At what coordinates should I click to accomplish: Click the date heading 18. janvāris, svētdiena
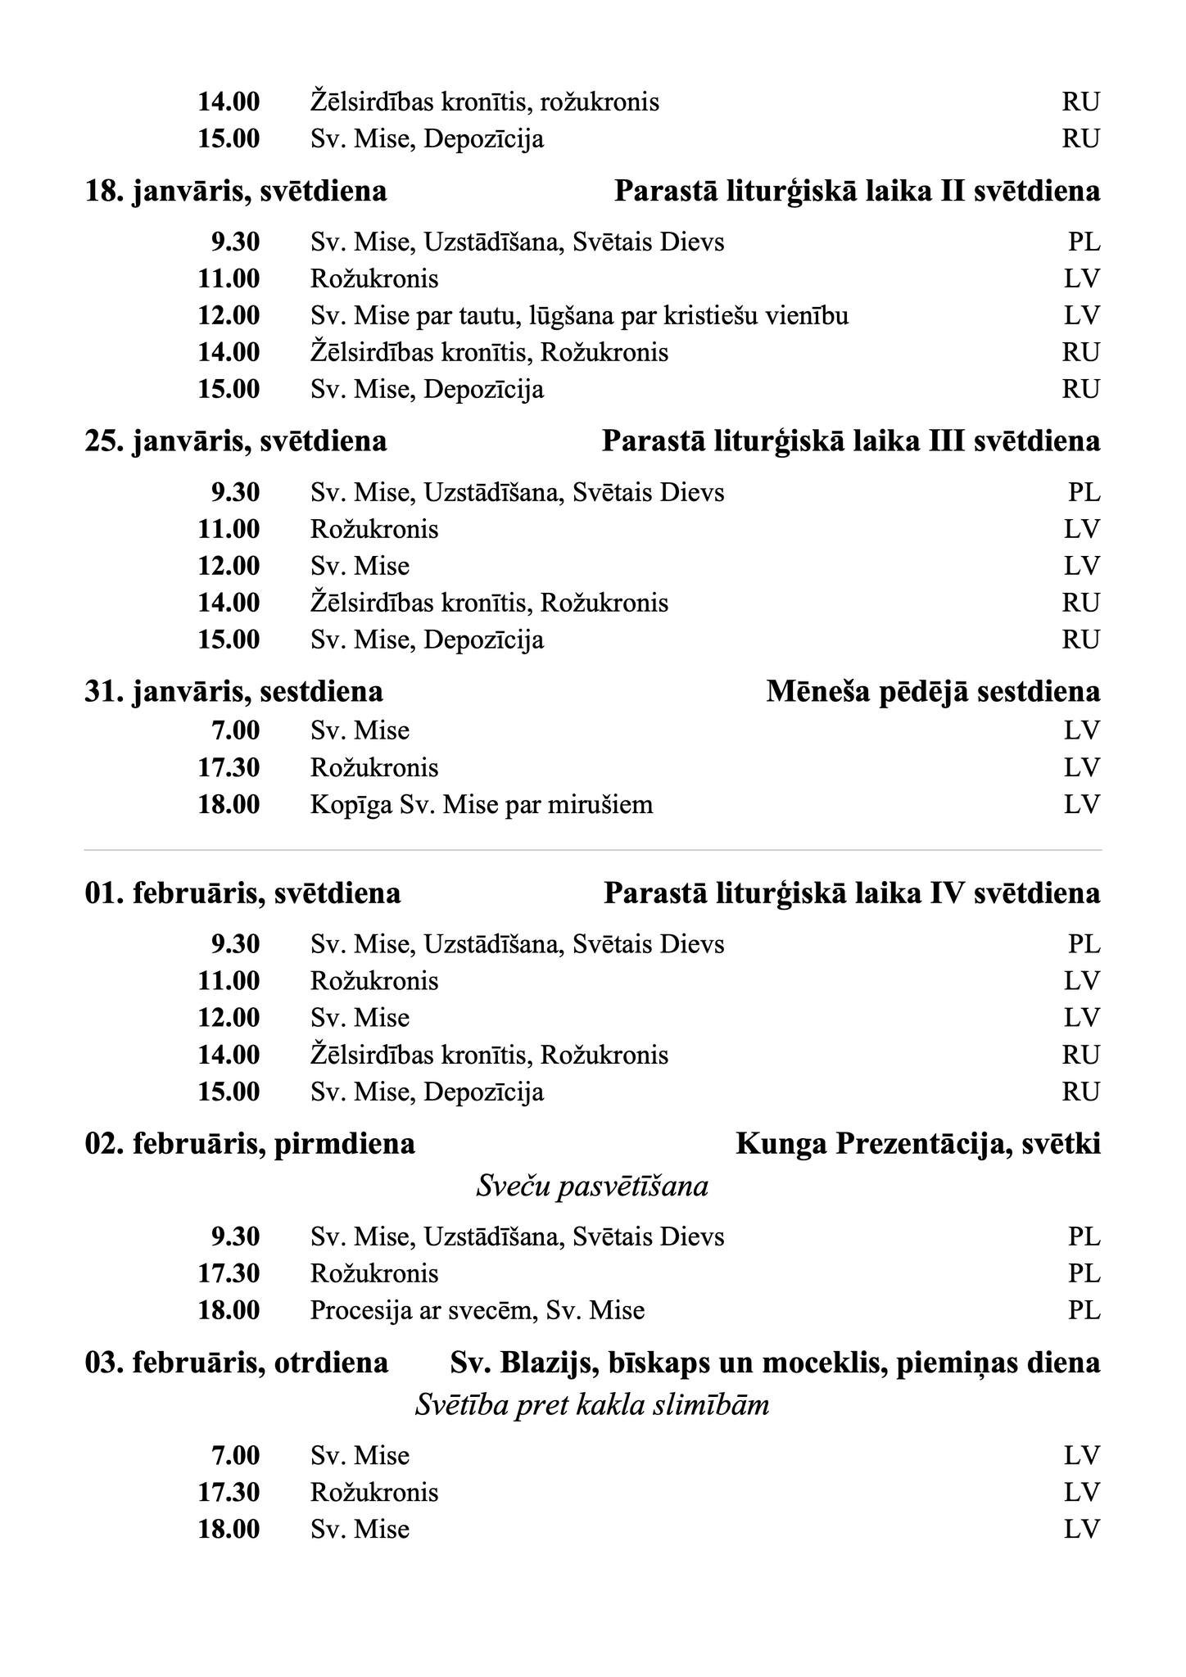[236, 192]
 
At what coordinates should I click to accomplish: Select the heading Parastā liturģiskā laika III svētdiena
[850, 441]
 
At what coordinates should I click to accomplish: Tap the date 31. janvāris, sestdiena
[233, 692]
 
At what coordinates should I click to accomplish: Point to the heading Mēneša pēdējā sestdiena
[933, 692]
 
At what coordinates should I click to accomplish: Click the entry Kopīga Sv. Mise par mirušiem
[482, 805]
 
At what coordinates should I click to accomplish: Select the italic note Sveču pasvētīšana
[592, 1187]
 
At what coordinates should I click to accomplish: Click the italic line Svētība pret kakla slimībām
[592, 1406]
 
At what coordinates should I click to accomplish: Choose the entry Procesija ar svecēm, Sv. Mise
[478, 1311]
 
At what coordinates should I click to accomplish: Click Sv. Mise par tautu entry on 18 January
[579, 316]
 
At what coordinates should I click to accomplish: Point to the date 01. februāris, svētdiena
[242, 893]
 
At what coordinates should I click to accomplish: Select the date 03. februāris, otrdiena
[237, 1363]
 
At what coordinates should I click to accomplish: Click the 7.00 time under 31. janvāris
[235, 730]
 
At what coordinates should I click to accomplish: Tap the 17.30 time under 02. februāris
[229, 1274]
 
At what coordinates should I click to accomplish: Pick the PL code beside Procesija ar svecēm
[1084, 1311]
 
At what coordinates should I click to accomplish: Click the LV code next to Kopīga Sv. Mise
[1082, 805]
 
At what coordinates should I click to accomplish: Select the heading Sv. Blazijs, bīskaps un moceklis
[775, 1363]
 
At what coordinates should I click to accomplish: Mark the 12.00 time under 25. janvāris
[229, 567]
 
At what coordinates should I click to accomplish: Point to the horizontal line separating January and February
[593, 851]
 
